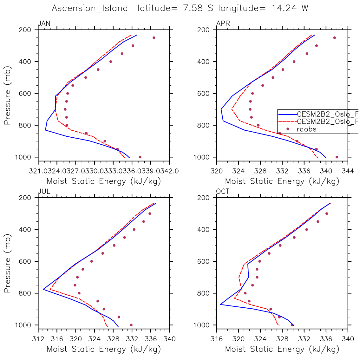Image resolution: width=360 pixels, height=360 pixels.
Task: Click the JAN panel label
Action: [x=44, y=23]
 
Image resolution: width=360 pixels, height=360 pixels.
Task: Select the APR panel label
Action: [x=223, y=23]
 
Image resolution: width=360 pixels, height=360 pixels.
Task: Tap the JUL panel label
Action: [x=44, y=191]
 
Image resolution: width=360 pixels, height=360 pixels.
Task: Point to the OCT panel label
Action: [x=223, y=191]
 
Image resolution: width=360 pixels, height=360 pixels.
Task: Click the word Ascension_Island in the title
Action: [x=90, y=8]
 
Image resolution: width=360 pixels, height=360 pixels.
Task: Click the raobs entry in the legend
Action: [x=306, y=129]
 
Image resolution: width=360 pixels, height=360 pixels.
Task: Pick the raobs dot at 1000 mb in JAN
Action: [x=140, y=157]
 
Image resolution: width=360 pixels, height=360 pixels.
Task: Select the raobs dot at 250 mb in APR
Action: [x=334, y=38]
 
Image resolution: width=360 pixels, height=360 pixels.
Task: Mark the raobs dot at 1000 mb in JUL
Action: [x=131, y=325]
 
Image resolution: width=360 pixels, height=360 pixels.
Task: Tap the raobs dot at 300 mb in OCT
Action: [x=326, y=213]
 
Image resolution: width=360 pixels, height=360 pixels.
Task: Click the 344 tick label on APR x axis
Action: [x=348, y=171]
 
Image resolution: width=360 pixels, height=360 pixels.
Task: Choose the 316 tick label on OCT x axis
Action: [x=217, y=339]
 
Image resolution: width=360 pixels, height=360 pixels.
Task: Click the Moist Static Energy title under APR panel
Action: [x=282, y=181]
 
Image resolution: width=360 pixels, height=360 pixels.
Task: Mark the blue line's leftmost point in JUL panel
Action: [x=43, y=289]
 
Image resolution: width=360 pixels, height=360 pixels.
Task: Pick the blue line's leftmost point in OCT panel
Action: [x=220, y=304]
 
